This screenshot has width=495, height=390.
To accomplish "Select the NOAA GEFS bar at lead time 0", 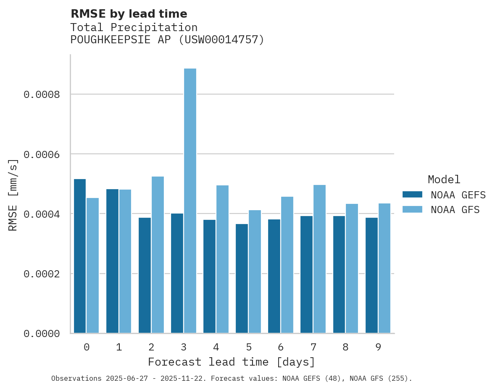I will [80, 256].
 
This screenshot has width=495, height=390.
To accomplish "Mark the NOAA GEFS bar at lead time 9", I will [371, 275].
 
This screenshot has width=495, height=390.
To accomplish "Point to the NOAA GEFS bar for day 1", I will [112, 261].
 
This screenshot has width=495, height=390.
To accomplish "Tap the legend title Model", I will [444, 179].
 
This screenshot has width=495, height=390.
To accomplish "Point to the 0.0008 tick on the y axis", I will [47, 95].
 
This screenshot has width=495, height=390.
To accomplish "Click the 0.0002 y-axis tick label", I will [47, 274].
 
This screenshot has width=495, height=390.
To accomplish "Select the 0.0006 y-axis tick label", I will [47, 154].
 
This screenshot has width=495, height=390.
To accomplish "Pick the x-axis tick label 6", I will [281, 347].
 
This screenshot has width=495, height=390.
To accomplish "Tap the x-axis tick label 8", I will [345, 347].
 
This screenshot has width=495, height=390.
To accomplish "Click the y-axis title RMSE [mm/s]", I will [13, 195].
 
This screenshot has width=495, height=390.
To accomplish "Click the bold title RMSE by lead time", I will [129, 14].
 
